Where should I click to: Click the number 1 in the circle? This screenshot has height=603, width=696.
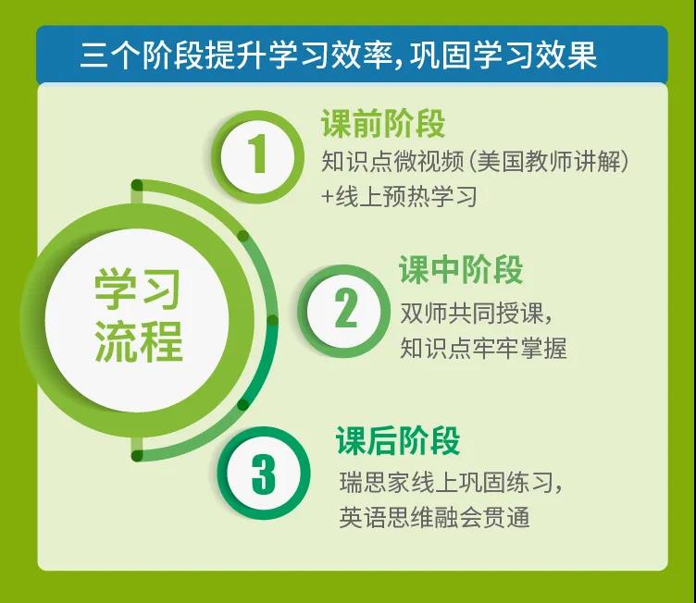257,154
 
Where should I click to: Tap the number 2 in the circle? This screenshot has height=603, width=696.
346,308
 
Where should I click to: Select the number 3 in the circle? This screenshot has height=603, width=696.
264,474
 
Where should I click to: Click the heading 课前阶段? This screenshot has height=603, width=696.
382,123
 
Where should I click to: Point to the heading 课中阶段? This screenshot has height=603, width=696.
461,269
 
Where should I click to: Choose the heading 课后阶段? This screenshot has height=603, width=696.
398,440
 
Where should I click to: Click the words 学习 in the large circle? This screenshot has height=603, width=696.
137,290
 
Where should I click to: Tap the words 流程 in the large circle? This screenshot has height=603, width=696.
138,340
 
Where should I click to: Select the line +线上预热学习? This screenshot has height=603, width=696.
400,197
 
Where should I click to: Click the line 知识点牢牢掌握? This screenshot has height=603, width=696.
483,348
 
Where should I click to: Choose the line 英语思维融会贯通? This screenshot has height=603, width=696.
435,517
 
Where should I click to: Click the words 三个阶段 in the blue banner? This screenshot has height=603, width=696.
142,55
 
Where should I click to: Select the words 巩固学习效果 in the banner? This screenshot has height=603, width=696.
503,55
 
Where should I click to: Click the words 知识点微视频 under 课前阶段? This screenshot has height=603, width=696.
392,161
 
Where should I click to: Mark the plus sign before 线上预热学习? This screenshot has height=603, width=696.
328,197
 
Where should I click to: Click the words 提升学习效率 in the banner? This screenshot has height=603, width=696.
299,55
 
